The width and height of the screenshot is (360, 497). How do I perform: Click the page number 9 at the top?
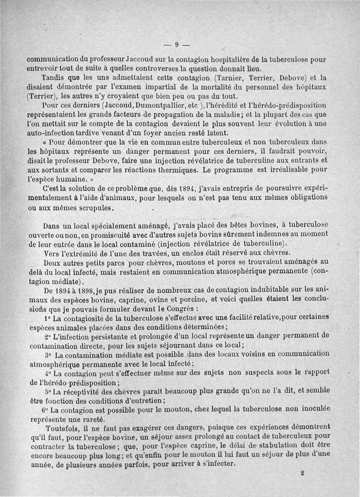pos(176,44)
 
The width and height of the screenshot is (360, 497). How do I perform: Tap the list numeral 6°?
pos(45,411)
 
